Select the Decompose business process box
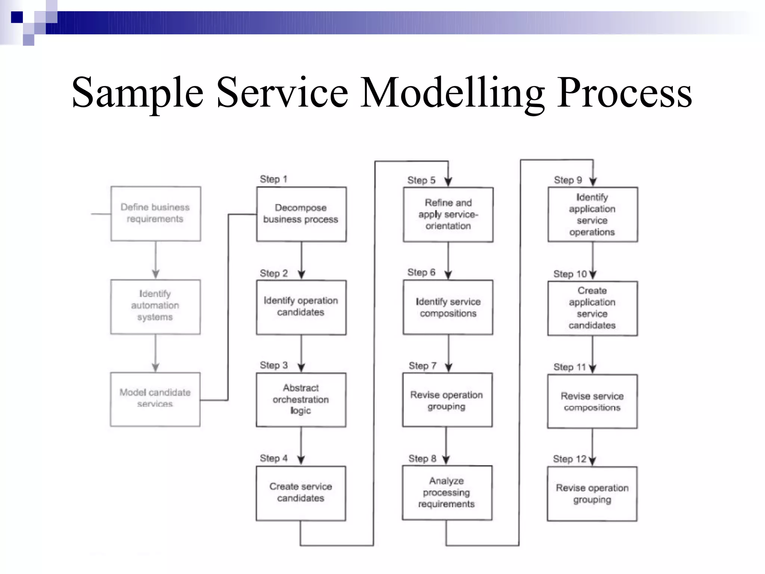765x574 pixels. pos(301,214)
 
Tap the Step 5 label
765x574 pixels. pos(421,180)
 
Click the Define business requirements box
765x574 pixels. pos(155,213)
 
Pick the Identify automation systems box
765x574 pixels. pos(155,306)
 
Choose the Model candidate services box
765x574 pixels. pos(155,399)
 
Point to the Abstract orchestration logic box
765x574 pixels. pos(301,399)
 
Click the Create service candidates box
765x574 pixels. pos(301,493)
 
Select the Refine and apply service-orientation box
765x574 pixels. pos(448,215)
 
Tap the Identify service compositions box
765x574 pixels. pos(448,307)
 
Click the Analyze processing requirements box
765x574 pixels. pos(447,493)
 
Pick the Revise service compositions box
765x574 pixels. pos(592,401)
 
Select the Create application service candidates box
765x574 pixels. pos(592,308)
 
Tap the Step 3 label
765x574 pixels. pos(273,365)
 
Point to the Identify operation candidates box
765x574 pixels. pos(301,307)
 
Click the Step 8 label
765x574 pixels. pos(422,459)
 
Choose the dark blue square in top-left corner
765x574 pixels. pos(17,17)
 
